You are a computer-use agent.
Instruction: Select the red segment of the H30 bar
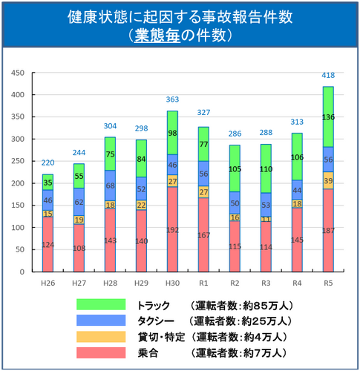tap(172, 229)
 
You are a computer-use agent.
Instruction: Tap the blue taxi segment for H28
tap(110, 185)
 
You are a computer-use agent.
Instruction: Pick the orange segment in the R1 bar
tap(203, 191)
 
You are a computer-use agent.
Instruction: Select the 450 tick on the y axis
tap(18, 73)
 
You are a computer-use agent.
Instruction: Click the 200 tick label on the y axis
tap(18, 183)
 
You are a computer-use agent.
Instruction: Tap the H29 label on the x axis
tap(140, 283)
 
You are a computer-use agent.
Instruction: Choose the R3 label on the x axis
tap(265, 283)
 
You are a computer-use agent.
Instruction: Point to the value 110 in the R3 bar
tap(265, 168)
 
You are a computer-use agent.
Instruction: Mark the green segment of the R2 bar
tap(234, 168)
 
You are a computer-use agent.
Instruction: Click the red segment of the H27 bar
tap(78, 248)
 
